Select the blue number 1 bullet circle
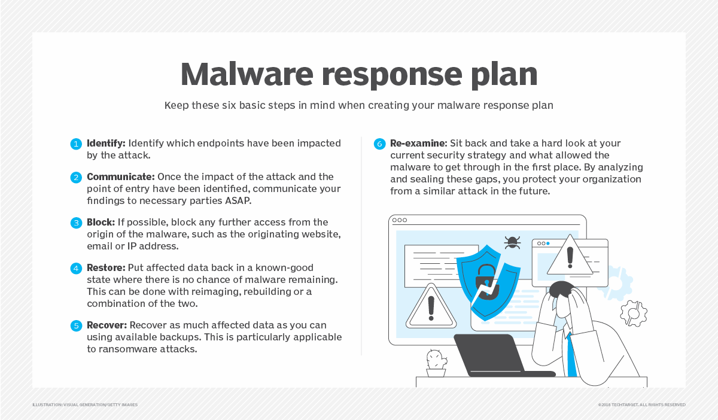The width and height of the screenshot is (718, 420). pyautogui.click(x=76, y=144)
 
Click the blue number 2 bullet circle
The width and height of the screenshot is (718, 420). pyautogui.click(x=76, y=178)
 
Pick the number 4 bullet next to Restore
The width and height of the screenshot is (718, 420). pyautogui.click(x=76, y=268)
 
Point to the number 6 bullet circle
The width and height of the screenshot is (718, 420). pyautogui.click(x=379, y=144)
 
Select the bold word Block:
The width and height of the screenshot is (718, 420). pyautogui.click(x=100, y=223)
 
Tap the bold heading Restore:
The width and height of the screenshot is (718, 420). pyautogui.click(x=106, y=267)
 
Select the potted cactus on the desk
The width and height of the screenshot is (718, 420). pyautogui.click(x=436, y=363)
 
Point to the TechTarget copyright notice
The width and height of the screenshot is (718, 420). pyautogui.click(x=641, y=405)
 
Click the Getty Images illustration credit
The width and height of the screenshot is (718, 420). pyautogui.click(x=85, y=405)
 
